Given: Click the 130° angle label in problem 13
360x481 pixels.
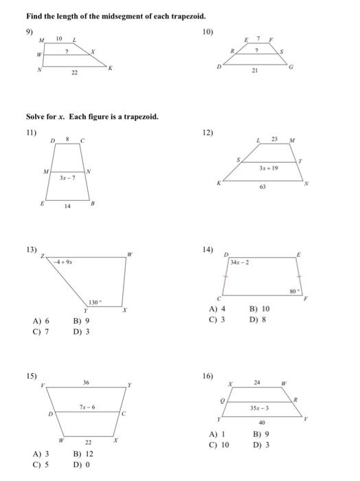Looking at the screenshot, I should coord(94,302).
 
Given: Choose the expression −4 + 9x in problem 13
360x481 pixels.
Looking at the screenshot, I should coord(64,260).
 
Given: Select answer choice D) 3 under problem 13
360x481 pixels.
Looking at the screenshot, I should coord(82,331).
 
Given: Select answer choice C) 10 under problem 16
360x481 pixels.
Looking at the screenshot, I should coord(220,444).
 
